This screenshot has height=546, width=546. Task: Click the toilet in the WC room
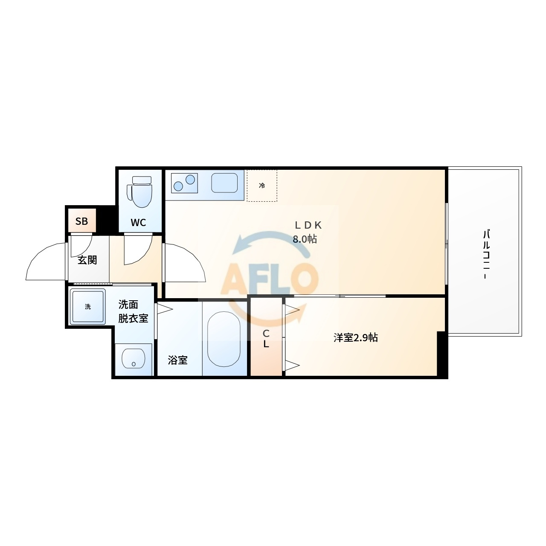pyautogui.click(x=139, y=192)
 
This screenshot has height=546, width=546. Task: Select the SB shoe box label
pyautogui.click(x=81, y=221)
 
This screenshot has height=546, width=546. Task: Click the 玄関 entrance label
pyautogui.click(x=87, y=260)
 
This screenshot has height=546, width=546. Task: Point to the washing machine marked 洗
pyautogui.click(x=87, y=307)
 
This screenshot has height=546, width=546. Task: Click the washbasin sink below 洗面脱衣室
pyautogui.click(x=134, y=358)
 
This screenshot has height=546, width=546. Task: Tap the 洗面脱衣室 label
pyautogui.click(x=133, y=312)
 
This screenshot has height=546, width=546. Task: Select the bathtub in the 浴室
pyautogui.click(x=224, y=340)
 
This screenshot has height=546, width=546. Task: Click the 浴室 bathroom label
pyautogui.click(x=177, y=360)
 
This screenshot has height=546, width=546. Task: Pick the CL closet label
pyautogui.click(x=266, y=339)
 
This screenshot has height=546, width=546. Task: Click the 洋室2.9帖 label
pyautogui.click(x=356, y=338)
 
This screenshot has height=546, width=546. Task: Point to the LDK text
pyautogui.click(x=308, y=225)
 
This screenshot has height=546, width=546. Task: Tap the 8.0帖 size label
pyautogui.click(x=305, y=239)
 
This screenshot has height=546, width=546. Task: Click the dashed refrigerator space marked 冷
pyautogui.click(x=262, y=186)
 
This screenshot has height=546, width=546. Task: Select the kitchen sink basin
pyautogui.click(x=224, y=183)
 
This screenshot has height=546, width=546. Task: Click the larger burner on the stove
pyautogui.click(x=190, y=180)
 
